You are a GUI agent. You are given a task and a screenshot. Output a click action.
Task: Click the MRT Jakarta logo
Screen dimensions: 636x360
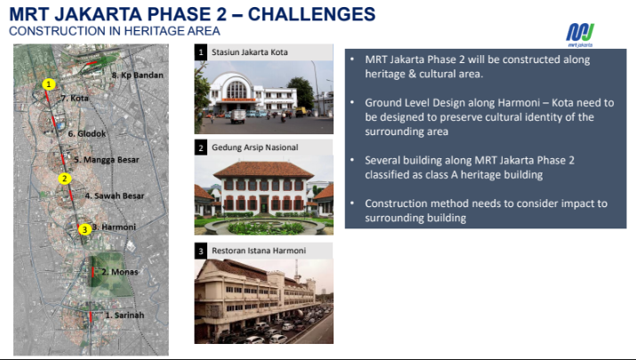[x=580, y=35]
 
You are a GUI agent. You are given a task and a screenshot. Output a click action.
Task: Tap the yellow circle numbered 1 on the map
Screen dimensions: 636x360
[x=49, y=84]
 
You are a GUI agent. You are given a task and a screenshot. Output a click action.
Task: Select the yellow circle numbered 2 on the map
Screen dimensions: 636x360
[x=65, y=179]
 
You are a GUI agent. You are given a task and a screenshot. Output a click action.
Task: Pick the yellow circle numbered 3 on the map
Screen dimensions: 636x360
[x=85, y=229]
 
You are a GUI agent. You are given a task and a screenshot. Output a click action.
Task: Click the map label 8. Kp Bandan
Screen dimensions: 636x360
[x=138, y=75]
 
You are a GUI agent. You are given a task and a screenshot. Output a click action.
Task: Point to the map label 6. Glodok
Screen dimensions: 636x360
[x=87, y=133]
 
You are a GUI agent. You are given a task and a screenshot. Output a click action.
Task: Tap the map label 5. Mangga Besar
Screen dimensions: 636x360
[x=107, y=160]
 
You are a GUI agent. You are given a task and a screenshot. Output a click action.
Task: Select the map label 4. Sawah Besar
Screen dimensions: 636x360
[x=115, y=196]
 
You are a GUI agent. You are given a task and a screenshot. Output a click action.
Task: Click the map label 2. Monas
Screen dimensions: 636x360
[x=120, y=272]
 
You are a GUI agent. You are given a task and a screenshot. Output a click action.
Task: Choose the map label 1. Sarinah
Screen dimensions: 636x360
[x=125, y=315]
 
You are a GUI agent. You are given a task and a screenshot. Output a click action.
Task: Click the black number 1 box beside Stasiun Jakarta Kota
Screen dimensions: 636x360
[x=201, y=52]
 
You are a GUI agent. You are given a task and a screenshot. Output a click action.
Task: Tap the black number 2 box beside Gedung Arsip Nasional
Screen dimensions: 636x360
[x=201, y=148]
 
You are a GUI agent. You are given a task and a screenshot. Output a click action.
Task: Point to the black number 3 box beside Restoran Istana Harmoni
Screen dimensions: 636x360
[x=201, y=251]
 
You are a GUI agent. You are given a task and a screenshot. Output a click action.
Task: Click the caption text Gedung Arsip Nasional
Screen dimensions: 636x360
[x=254, y=148]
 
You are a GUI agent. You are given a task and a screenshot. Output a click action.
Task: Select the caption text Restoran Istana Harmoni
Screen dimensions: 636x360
[x=259, y=251]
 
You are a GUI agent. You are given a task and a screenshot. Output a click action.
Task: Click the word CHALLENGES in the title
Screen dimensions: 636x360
[x=311, y=14]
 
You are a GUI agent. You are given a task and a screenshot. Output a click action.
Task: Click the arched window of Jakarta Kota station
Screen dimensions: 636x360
[x=237, y=90]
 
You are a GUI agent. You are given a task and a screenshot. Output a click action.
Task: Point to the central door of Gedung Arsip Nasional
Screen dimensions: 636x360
[x=264, y=204]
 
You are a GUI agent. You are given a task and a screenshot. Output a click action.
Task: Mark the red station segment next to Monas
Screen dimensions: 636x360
[x=93, y=272]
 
